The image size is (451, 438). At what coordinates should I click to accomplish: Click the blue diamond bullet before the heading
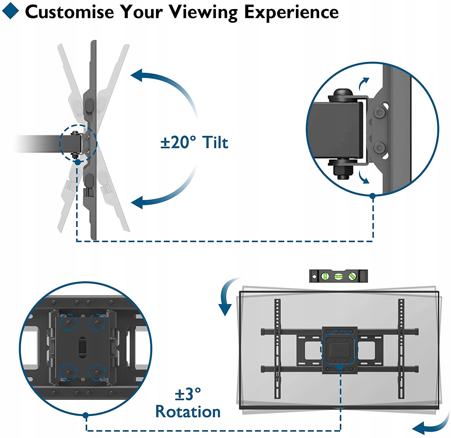[10, 11]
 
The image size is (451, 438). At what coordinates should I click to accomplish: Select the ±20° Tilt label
[194, 142]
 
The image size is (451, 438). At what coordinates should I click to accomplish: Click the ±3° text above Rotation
[188, 394]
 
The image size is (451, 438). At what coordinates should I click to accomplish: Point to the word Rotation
[188, 412]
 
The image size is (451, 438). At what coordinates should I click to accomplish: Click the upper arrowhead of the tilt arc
[137, 75]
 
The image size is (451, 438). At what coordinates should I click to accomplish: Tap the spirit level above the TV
[338, 276]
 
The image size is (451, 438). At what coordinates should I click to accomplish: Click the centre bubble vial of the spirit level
[338, 276]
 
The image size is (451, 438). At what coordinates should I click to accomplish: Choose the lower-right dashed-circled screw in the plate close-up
[97, 372]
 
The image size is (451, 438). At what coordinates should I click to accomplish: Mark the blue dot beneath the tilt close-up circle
[373, 196]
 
